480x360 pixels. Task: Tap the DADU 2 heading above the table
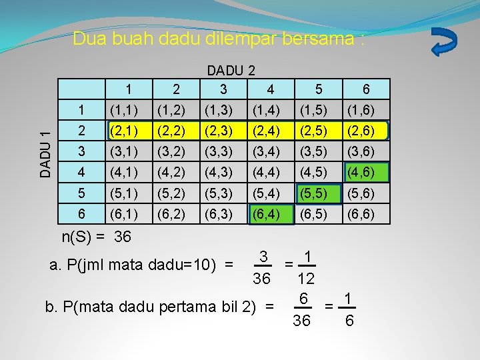(231, 69)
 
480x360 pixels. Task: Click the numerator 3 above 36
(264, 257)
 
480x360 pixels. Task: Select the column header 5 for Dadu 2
(319, 89)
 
